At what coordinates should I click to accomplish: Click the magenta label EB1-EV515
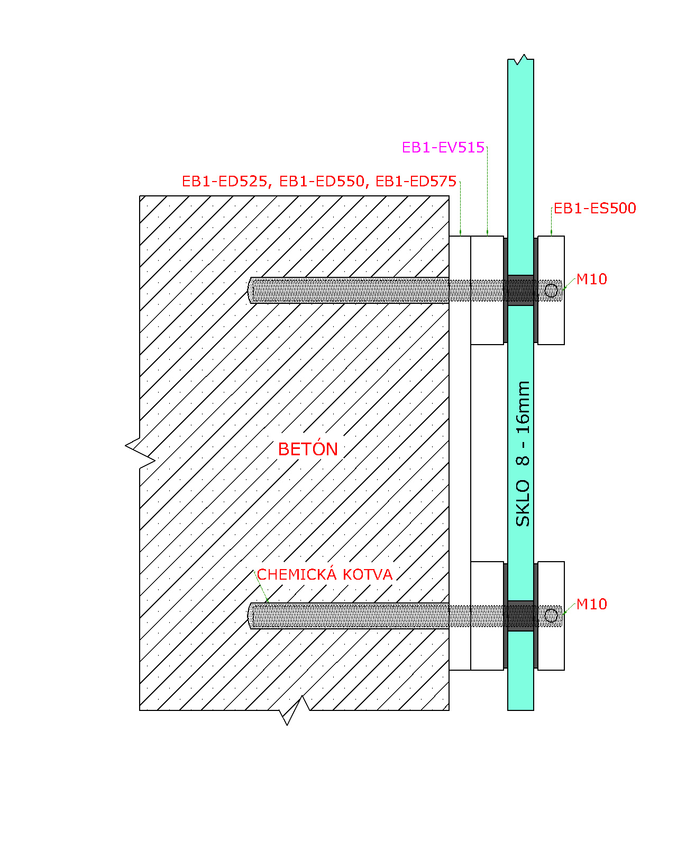coord(443,148)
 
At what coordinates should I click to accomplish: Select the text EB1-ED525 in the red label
coord(224,182)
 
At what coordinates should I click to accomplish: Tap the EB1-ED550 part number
coord(322,182)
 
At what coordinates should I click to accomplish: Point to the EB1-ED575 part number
coord(416,182)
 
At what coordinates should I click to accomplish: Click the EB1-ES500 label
coord(595,208)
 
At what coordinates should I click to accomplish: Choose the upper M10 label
coord(592,279)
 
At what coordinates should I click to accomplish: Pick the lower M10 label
coord(592,604)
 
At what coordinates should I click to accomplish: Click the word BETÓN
coord(308,449)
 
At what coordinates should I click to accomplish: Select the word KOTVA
coord(368,575)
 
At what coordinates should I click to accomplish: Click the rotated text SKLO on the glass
coord(523,503)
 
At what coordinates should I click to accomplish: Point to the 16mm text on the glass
coord(523,408)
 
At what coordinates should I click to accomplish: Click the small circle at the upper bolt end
coord(551,291)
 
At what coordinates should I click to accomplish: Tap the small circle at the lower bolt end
coord(551,616)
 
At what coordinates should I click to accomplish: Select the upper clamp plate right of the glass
coord(551,291)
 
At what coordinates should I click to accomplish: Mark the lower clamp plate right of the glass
coord(551,616)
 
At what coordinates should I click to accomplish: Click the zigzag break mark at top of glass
coord(520,60)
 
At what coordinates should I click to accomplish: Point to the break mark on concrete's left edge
coord(140,453)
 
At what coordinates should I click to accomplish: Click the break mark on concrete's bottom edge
coord(294,710)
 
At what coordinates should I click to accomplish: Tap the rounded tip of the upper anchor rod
coord(250,291)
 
